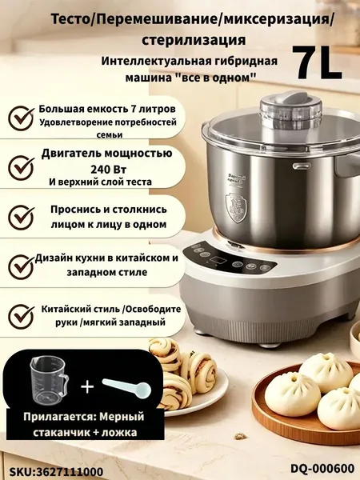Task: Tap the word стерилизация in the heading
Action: (194, 39)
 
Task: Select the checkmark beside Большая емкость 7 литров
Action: (21, 118)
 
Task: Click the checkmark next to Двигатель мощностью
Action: (21, 167)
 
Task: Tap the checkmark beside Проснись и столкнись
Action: (21, 218)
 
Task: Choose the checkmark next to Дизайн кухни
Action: (21, 266)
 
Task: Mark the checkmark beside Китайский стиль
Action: (21, 316)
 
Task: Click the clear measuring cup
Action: (49, 378)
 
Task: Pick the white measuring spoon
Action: (126, 387)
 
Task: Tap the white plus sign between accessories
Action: (87, 386)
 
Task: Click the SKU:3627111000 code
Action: (56, 471)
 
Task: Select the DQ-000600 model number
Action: (322, 468)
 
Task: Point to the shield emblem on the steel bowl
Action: (235, 207)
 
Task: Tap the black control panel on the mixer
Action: (229, 258)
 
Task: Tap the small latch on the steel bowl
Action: (302, 166)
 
